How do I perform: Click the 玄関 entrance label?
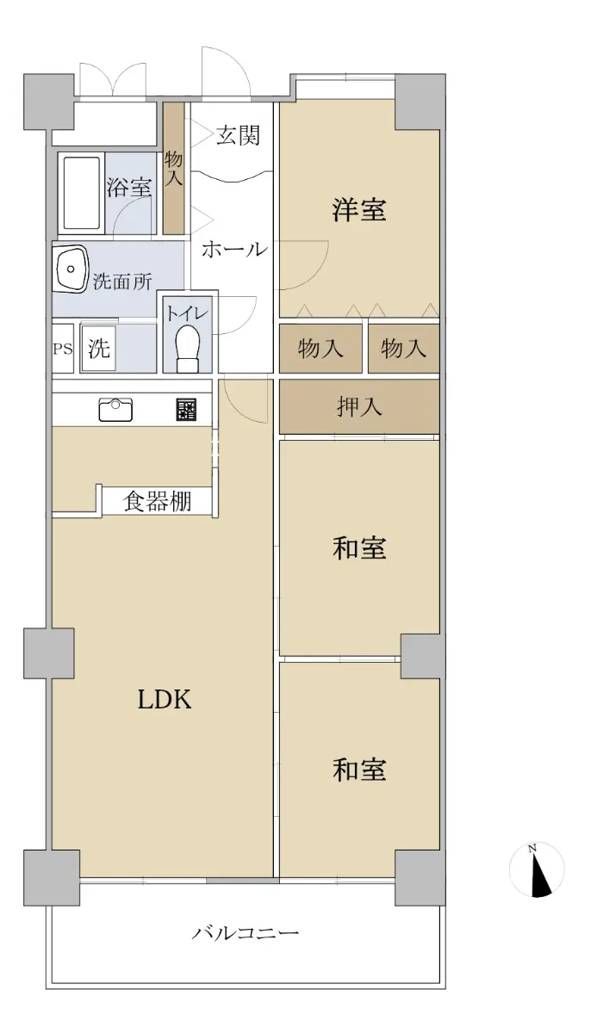point(238,135)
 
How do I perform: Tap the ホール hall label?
point(235,250)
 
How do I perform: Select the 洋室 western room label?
point(359,210)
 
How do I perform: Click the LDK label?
point(165,700)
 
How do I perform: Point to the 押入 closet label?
point(359,406)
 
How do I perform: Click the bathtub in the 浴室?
point(82,193)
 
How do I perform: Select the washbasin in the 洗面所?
point(71,269)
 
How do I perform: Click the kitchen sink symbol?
point(115,410)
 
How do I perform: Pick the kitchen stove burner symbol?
point(186,410)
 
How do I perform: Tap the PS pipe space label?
point(62,349)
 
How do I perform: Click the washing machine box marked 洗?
point(98,348)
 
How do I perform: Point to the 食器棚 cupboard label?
point(158,501)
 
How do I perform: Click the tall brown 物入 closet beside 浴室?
point(174,168)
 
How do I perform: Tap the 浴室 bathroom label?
point(128,189)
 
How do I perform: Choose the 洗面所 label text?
point(122,281)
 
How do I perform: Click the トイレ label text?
point(187,313)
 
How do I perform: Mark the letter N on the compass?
point(532,848)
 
